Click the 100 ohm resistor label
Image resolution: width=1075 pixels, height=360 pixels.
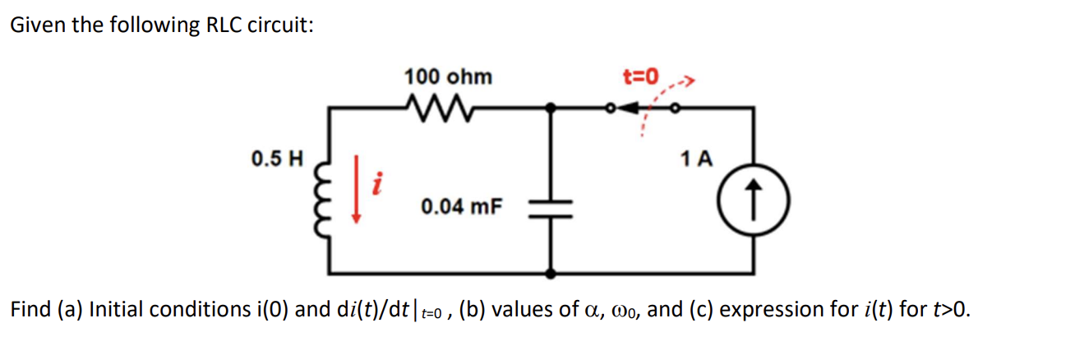point(448,77)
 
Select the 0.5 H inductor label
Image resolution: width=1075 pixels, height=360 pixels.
point(277,156)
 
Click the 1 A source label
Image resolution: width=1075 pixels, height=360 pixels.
point(697,158)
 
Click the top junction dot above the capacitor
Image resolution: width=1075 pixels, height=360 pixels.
point(552,107)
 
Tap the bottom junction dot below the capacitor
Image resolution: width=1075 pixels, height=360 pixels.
point(552,271)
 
